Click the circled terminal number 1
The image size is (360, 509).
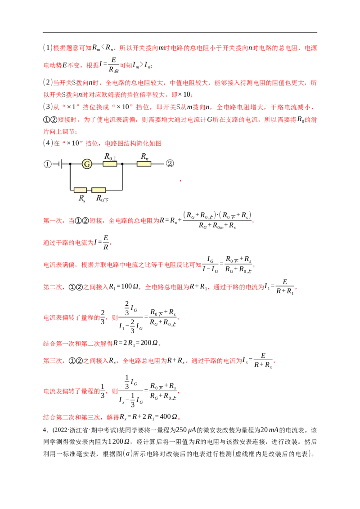48,164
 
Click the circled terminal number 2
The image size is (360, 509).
170,164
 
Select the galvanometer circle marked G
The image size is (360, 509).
87,164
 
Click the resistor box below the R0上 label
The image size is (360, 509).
110,164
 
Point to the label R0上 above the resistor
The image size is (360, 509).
110,156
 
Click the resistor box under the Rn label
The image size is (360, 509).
144,164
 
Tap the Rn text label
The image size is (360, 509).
144,156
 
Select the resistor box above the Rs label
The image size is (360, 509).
81,190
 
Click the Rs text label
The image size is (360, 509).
82,198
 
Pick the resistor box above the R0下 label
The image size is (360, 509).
99,190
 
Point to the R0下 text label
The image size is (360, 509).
102,198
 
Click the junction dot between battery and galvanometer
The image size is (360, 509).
70,164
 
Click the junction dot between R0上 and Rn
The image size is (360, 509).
122,164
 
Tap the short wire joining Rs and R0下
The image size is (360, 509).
89,190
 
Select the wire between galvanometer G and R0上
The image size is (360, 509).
97,164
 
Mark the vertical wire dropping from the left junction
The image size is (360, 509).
70,178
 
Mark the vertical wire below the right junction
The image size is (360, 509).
122,178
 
